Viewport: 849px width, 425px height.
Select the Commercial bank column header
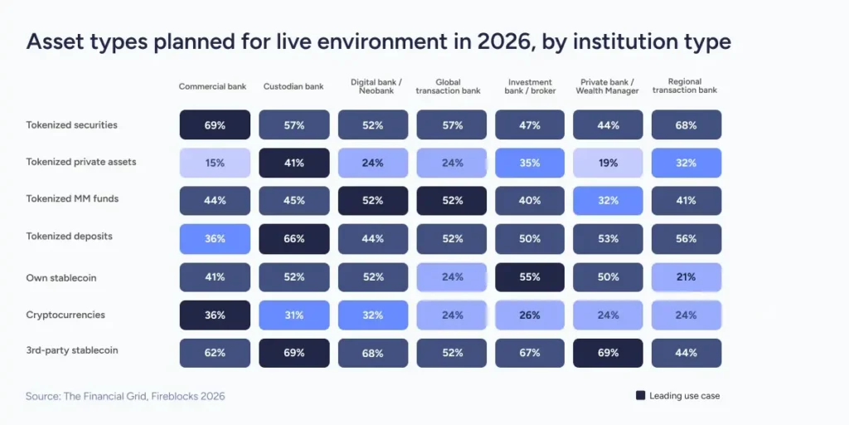212,86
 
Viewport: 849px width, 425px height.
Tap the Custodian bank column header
294,86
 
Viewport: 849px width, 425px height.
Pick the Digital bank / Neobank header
372,85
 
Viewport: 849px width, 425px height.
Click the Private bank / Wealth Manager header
608,85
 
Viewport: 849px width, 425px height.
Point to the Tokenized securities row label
71,125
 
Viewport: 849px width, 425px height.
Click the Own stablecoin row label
61,278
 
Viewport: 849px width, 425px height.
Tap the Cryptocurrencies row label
65,315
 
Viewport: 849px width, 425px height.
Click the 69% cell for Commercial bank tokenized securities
215,125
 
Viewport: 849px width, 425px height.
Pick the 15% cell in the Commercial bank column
215,163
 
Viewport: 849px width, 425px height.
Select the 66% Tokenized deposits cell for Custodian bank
294,239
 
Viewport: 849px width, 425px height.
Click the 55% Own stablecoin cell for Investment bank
530,277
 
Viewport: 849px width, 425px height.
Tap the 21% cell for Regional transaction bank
686,277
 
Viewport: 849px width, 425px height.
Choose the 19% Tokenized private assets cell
608,163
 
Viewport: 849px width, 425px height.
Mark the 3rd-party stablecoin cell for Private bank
608,353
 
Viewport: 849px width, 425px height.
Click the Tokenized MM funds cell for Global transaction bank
451,201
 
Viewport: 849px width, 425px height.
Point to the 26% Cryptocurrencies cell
530,315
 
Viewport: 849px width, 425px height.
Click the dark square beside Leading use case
640,396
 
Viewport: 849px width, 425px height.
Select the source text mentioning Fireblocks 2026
125,396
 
